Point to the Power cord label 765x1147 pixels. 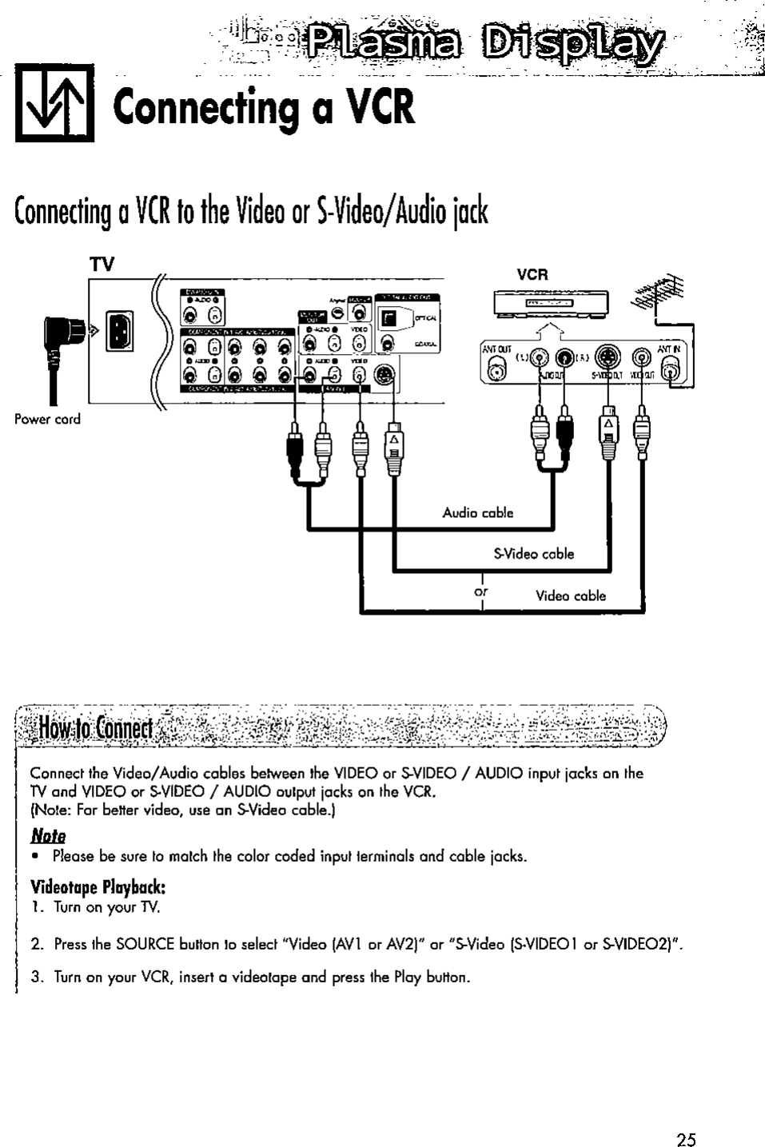tap(47, 420)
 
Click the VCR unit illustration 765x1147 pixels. tap(551, 305)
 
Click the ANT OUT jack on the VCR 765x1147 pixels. tap(496, 368)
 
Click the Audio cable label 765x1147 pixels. tap(478, 512)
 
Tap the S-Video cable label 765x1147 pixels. tap(533, 554)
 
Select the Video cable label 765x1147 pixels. tap(570, 595)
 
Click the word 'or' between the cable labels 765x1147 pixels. tap(481, 593)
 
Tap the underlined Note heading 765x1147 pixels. tap(48, 836)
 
